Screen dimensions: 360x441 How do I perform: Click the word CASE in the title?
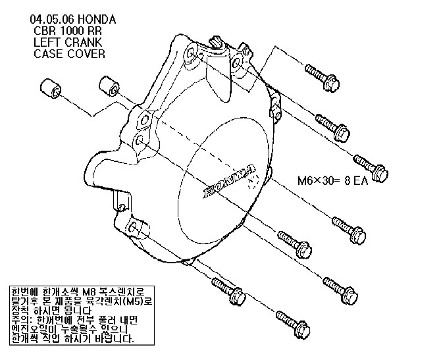(48, 54)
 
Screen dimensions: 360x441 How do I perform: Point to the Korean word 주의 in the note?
(19, 320)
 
